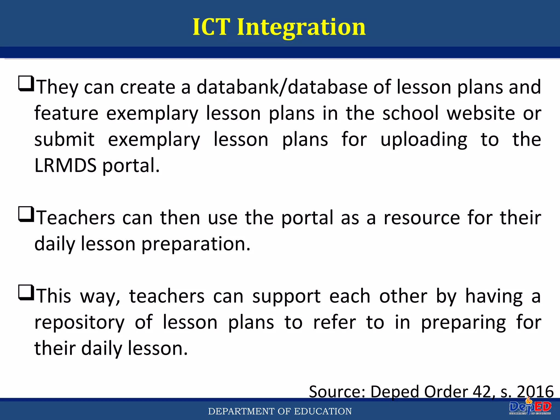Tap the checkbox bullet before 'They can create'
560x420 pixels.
pyautogui.click(x=26, y=84)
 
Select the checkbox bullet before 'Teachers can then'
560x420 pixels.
pyautogui.click(x=26, y=214)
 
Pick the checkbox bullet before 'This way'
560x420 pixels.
pyautogui.click(x=26, y=293)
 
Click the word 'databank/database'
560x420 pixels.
pyautogui.click(x=282, y=87)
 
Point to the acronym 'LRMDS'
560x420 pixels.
pyautogui.click(x=66, y=165)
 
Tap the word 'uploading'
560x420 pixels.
pyautogui.click(x=424, y=140)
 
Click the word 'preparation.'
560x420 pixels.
pyautogui.click(x=196, y=244)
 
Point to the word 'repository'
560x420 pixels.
pyautogui.click(x=80, y=323)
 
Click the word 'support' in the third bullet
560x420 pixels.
pyautogui.click(x=286, y=296)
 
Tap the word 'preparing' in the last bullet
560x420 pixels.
pyautogui.click(x=463, y=323)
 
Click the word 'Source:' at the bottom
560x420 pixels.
pyautogui.click(x=337, y=392)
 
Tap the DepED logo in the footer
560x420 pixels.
pyautogui.click(x=530, y=408)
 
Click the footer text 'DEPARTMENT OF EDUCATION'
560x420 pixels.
pyautogui.click(x=280, y=411)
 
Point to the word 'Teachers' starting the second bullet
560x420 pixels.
pyautogui.click(x=76, y=218)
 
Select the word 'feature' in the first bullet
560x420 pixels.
pyautogui.click(x=66, y=113)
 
